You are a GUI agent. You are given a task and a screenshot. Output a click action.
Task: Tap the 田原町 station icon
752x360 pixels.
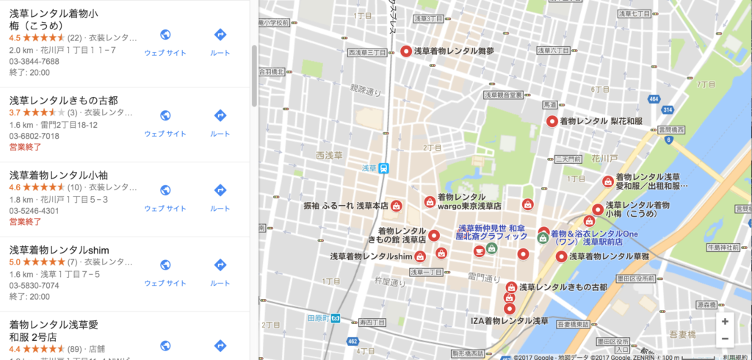click(x=336, y=318)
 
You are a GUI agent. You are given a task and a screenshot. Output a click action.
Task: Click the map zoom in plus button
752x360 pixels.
click(x=725, y=321)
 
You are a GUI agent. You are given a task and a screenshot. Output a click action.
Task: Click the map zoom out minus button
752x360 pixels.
click(x=725, y=339)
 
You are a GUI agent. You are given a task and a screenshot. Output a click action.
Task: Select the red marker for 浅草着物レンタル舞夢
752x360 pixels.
click(x=405, y=51)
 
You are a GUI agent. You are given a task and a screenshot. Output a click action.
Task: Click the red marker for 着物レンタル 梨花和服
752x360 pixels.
click(x=552, y=120)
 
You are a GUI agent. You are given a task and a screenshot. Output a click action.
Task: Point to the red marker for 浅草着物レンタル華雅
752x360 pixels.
click(x=561, y=256)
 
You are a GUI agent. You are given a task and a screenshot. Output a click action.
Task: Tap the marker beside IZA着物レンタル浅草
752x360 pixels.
click(x=510, y=309)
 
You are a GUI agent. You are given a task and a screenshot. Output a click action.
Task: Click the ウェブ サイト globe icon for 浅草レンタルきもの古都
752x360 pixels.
click(x=165, y=115)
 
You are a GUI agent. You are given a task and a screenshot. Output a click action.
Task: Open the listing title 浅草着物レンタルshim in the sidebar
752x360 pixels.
click(x=59, y=251)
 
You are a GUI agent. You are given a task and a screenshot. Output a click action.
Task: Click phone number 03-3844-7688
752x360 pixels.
click(x=35, y=61)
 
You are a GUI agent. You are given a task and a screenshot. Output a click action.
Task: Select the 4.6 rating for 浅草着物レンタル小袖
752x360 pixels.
click(x=15, y=187)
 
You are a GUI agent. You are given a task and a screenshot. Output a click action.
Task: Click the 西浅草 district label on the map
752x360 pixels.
click(x=329, y=155)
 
